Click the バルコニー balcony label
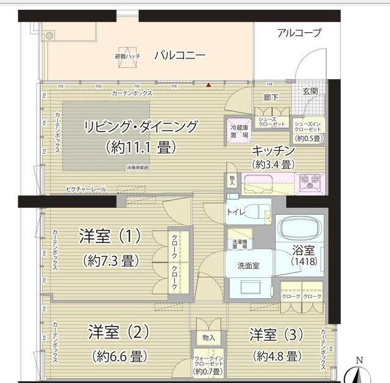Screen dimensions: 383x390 179,55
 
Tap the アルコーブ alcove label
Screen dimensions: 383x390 299,33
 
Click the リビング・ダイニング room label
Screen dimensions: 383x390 141,127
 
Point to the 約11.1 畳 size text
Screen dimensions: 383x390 141,147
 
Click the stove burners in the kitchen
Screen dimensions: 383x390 310,181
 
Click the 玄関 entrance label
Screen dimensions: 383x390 310,91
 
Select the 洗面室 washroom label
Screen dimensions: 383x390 249,266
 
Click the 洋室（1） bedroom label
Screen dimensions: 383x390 110,236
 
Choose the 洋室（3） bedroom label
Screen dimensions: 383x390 275,334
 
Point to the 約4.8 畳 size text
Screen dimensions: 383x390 275,356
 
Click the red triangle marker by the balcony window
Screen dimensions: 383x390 208,85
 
